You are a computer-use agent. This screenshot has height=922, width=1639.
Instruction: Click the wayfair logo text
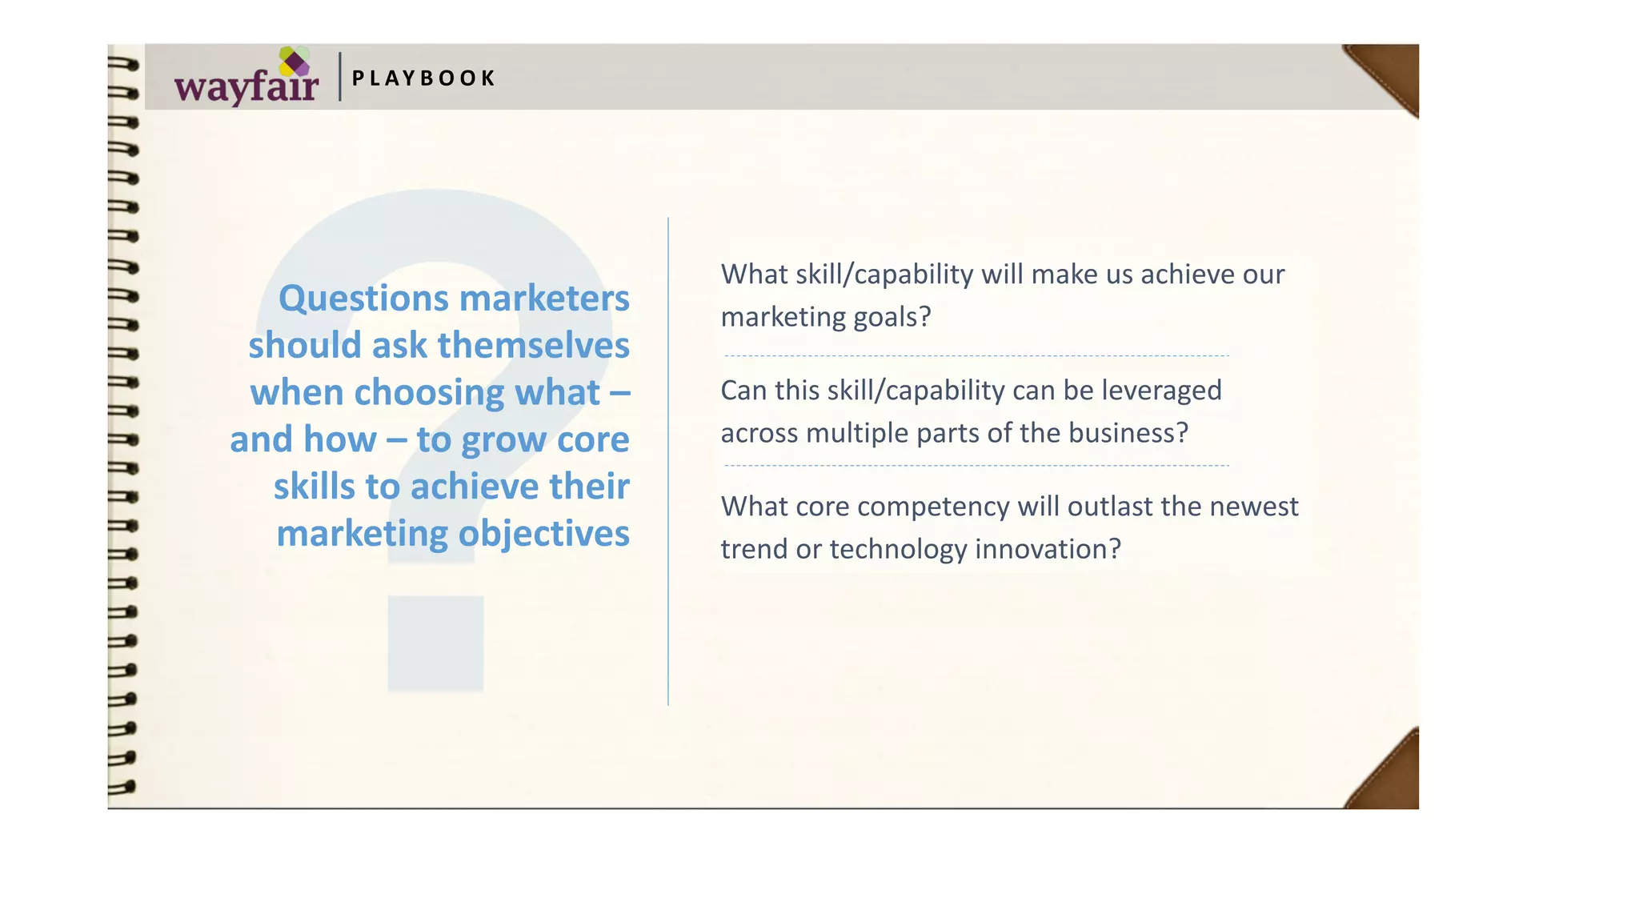pos(246,86)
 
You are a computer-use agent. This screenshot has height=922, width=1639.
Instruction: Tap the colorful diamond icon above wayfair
pos(295,62)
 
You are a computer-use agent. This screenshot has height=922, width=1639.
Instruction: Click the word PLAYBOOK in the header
pos(423,78)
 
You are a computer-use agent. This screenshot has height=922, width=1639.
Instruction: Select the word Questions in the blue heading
pos(363,299)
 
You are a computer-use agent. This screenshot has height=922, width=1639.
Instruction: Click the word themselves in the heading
pos(533,346)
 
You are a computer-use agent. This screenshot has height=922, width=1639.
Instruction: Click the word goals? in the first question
pos(892,317)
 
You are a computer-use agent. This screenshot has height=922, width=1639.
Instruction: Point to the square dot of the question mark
pos(435,643)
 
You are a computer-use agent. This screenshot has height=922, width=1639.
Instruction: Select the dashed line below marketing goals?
pos(976,356)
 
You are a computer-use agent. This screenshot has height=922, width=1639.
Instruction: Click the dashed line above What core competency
pos(976,466)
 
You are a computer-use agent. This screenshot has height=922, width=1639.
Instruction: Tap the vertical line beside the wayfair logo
pos(340,77)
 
